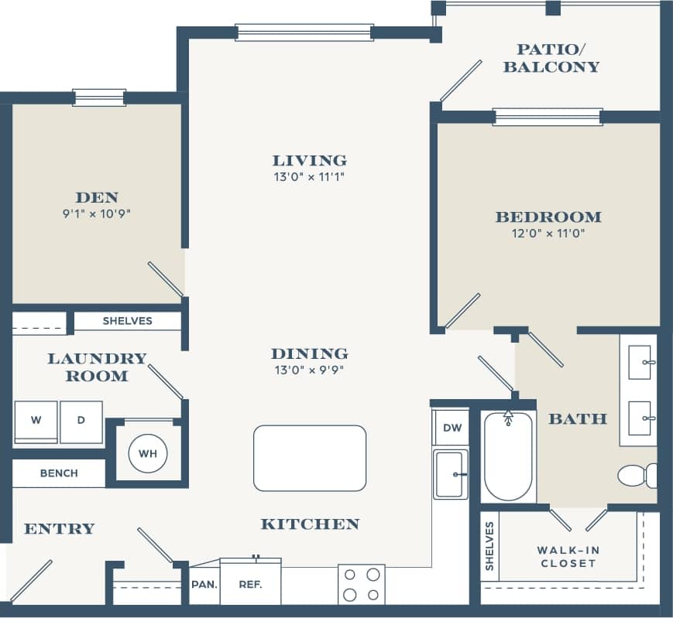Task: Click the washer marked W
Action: coord(36,422)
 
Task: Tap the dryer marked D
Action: coord(81,422)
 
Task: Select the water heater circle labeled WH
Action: coord(148,453)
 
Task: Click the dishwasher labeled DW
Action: coord(451,428)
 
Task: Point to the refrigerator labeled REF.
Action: coord(249,583)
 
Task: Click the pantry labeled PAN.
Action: coord(204,584)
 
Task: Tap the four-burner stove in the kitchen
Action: coord(362,584)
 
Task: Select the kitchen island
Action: coord(310,458)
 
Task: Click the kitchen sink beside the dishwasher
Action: coord(451,474)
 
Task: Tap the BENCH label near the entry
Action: coord(59,473)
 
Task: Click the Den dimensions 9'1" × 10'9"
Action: coord(96,213)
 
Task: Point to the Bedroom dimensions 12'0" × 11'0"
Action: coord(548,234)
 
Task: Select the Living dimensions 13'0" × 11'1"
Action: coord(309,177)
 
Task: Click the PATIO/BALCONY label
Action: coord(551,58)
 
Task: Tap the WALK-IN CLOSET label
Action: coord(568,556)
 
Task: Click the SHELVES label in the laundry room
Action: coord(128,320)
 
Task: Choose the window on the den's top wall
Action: coord(99,97)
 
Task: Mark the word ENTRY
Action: coord(59,529)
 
